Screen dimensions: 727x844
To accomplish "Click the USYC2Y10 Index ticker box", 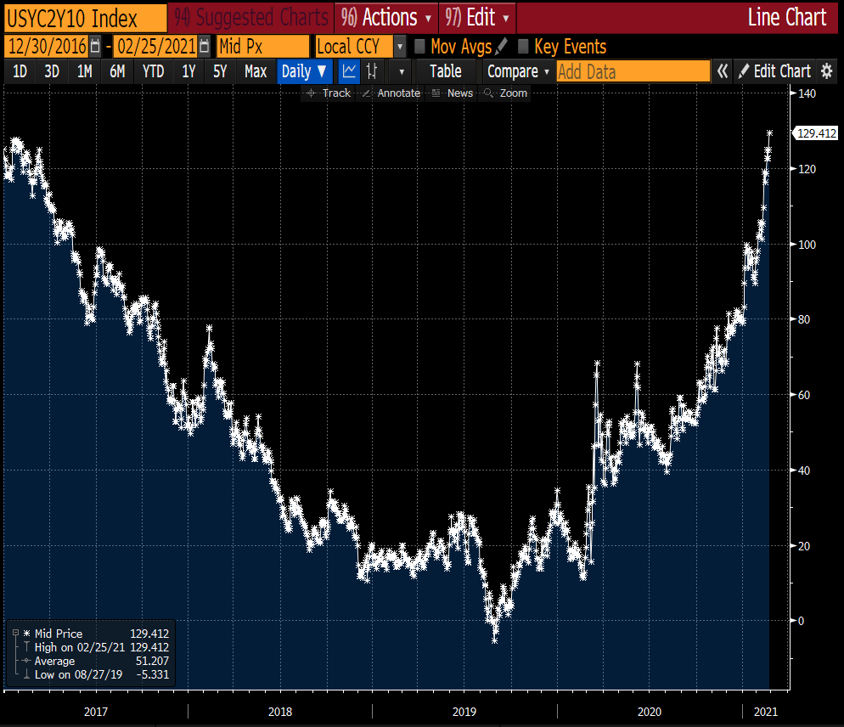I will click(x=84, y=17).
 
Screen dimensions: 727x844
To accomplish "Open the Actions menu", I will click(x=386, y=17).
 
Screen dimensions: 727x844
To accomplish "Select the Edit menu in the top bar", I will click(x=477, y=17).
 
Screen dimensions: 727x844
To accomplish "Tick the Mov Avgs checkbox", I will click(x=419, y=47).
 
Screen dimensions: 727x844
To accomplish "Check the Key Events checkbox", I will click(x=523, y=47).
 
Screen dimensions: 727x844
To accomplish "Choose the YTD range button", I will click(x=153, y=72).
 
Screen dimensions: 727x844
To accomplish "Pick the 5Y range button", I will click(x=220, y=72).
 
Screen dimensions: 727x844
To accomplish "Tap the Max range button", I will click(x=256, y=72).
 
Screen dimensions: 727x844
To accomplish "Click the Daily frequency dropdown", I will click(x=304, y=72).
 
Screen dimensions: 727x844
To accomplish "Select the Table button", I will click(x=445, y=72).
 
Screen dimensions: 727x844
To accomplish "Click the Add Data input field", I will click(x=633, y=72).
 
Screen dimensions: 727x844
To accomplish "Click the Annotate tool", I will click(x=391, y=93).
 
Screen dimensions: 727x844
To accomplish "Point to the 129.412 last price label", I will click(x=815, y=132).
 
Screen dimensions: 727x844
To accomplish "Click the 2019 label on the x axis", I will click(x=464, y=711).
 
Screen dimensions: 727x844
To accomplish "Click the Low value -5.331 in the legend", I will click(x=149, y=674).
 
